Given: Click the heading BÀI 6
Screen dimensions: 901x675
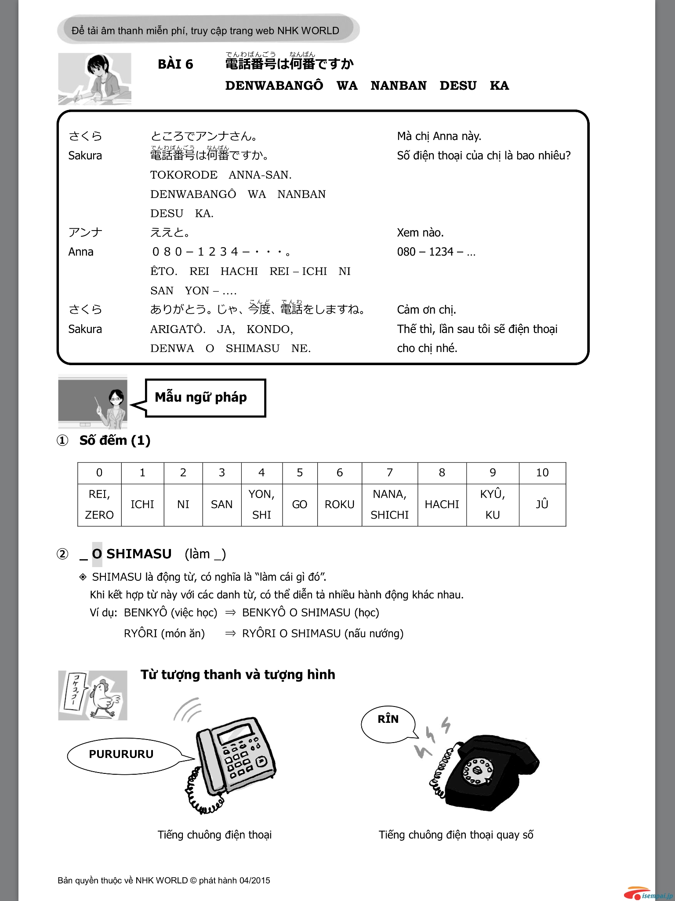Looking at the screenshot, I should (175, 65).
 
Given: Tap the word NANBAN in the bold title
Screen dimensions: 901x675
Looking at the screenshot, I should (398, 85).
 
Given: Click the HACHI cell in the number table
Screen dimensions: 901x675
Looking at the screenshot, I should (442, 504).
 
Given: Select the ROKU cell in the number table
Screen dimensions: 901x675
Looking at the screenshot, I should (339, 504).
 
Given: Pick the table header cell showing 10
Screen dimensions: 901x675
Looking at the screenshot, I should (542, 472).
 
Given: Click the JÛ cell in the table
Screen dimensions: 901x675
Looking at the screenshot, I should (542, 504).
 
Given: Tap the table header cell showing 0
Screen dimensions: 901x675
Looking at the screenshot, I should (99, 472).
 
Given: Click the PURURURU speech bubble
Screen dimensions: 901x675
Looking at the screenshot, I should (121, 754).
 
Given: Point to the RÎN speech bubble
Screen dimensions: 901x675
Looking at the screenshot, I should (388, 719).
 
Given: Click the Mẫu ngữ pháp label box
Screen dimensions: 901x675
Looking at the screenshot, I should (205, 397).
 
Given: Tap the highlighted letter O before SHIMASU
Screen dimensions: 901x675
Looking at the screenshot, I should (97, 554).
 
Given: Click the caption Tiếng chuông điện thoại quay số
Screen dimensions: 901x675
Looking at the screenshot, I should (456, 835).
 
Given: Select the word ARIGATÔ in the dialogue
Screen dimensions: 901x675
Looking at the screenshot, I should (178, 329).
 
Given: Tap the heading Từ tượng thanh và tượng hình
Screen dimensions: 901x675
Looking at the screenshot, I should (238, 674).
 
